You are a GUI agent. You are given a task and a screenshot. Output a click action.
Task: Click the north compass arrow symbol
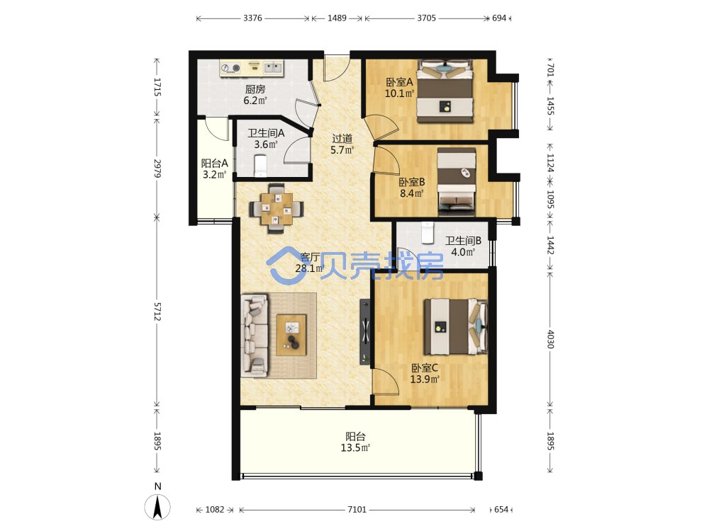tap(158, 507)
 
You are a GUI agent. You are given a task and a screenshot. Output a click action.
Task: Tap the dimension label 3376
tap(252, 18)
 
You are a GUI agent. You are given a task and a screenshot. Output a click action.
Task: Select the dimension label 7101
tap(357, 509)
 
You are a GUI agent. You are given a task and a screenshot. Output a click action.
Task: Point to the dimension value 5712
tap(157, 312)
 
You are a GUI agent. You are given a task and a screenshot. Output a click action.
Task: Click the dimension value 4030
tap(550, 338)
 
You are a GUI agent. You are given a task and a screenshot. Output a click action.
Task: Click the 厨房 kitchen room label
tap(255, 89)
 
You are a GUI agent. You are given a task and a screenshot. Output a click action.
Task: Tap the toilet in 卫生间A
tap(261, 165)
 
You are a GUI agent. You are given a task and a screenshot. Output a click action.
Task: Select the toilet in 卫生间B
tap(427, 232)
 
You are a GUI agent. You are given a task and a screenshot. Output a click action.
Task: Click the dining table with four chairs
tap(277, 208)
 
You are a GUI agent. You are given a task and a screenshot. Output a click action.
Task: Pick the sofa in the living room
tap(254, 336)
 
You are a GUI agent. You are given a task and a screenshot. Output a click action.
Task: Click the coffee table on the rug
tap(291, 335)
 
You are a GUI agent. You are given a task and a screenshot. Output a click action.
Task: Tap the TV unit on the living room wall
tap(365, 331)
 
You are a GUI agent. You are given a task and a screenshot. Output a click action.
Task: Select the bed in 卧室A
tap(445, 91)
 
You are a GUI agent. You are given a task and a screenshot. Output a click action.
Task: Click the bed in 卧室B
tap(457, 181)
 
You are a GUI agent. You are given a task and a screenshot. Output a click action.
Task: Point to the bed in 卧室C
tap(456, 326)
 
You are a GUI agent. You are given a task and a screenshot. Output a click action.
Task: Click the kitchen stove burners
tap(230, 68)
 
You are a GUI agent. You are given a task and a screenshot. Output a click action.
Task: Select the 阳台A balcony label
tap(214, 163)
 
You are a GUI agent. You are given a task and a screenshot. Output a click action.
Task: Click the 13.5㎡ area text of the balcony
tap(355, 448)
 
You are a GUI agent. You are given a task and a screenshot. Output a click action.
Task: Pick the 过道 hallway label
tap(342, 139)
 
